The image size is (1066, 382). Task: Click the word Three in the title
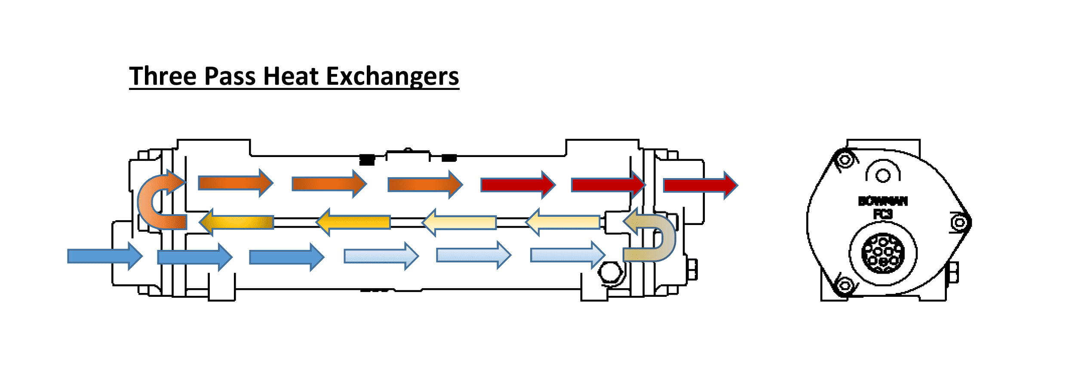(163, 76)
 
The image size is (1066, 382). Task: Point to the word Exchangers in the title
(393, 76)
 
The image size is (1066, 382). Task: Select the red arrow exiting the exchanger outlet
(700, 185)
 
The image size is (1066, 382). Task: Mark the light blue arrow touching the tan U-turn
(568, 255)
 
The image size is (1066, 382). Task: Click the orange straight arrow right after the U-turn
(235, 183)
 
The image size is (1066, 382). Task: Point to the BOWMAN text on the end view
(883, 201)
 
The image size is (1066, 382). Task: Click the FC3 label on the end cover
(883, 214)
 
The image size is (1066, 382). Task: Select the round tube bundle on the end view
(883, 253)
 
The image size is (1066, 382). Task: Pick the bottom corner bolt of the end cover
(845, 285)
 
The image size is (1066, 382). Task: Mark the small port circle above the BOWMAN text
(883, 176)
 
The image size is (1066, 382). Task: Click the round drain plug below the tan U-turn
(610, 271)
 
